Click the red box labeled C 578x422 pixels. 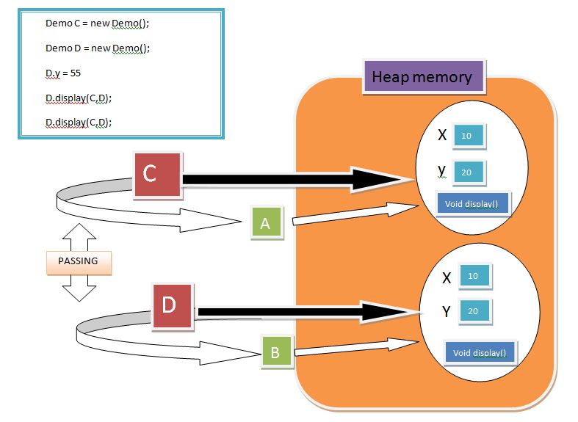click(x=157, y=175)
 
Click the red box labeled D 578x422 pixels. click(x=173, y=305)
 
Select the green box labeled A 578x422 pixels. click(x=267, y=223)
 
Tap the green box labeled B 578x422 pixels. click(x=276, y=352)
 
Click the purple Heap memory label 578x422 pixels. click(x=423, y=76)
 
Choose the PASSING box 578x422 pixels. click(x=79, y=262)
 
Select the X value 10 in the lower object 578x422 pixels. click(x=474, y=276)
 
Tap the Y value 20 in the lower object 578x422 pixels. click(x=474, y=311)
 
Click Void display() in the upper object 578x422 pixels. click(x=472, y=203)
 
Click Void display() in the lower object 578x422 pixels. click(x=480, y=352)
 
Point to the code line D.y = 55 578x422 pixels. click(x=63, y=73)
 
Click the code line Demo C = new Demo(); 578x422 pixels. click(x=98, y=23)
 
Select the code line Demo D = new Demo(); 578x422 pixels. click(x=98, y=48)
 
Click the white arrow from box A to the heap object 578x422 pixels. click(x=355, y=214)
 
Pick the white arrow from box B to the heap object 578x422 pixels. click(x=357, y=347)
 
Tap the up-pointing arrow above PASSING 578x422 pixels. click(x=79, y=237)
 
